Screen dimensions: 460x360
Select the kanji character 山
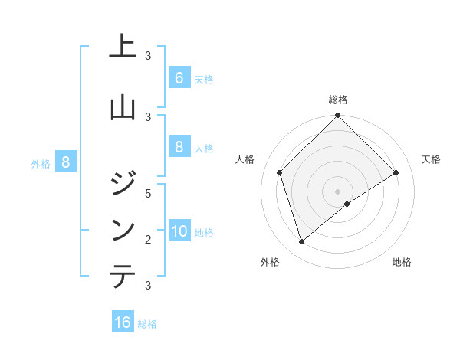tap(123, 106)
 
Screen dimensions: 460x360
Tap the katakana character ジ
tap(123, 182)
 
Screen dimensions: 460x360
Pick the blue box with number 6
tap(179, 78)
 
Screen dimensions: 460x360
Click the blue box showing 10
tap(179, 231)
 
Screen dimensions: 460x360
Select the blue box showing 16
tap(123, 322)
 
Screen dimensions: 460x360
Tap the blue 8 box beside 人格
tap(179, 147)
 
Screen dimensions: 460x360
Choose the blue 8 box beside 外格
tap(66, 162)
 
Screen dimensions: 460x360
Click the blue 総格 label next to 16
tap(147, 324)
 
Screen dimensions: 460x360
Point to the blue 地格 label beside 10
tap(205, 232)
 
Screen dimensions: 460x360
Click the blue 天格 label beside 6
tap(204, 79)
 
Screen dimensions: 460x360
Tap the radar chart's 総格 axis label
tap(337, 100)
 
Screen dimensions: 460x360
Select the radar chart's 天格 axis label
tap(432, 159)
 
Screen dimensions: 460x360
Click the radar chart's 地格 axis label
tap(402, 262)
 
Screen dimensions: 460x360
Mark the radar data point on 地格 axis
tap(347, 204)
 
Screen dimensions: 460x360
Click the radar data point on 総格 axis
tap(337, 116)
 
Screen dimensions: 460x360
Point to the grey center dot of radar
tap(337, 191)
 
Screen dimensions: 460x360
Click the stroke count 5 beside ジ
tap(149, 193)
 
